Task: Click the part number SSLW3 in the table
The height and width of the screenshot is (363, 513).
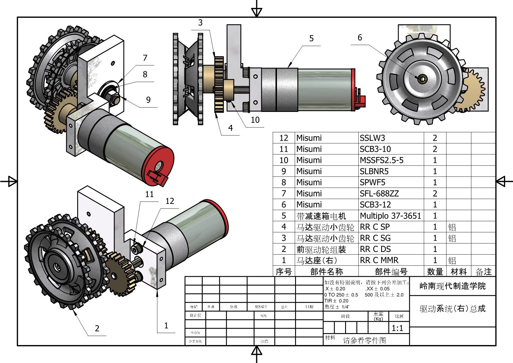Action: (x=372, y=138)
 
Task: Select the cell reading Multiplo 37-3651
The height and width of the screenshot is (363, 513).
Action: (x=390, y=216)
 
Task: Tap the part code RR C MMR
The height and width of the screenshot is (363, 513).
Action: (x=379, y=260)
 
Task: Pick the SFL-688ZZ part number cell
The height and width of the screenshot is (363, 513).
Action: (x=379, y=194)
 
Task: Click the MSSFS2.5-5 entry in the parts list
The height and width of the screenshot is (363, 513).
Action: (x=381, y=160)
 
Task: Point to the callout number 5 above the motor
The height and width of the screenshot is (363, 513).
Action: (x=311, y=38)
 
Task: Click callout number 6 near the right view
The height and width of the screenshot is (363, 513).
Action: (x=360, y=38)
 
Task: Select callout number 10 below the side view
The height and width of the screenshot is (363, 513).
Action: (x=255, y=120)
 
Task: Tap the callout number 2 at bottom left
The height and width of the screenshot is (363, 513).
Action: (x=97, y=328)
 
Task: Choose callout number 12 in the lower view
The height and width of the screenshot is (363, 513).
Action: (x=170, y=201)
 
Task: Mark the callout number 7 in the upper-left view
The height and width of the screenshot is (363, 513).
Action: (x=145, y=58)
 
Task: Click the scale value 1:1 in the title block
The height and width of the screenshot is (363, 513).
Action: (x=397, y=328)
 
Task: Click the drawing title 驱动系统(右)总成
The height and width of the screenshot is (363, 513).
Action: (x=452, y=309)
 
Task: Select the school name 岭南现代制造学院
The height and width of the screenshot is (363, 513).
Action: (x=452, y=286)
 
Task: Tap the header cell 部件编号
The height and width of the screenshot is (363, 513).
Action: (x=391, y=272)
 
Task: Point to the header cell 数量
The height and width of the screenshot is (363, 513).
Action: (x=435, y=272)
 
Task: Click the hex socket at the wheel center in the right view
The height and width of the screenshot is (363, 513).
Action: (x=422, y=79)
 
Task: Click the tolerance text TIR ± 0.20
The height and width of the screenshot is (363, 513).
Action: (x=336, y=301)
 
